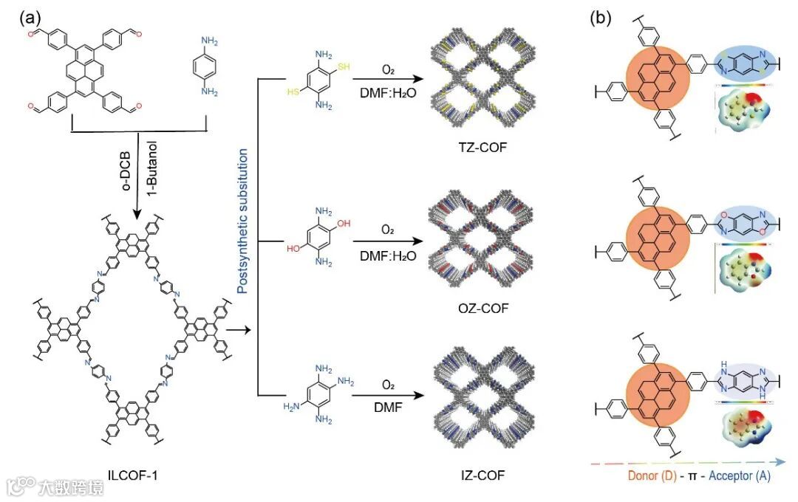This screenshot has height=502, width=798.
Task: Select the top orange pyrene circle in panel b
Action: click(x=658, y=77)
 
